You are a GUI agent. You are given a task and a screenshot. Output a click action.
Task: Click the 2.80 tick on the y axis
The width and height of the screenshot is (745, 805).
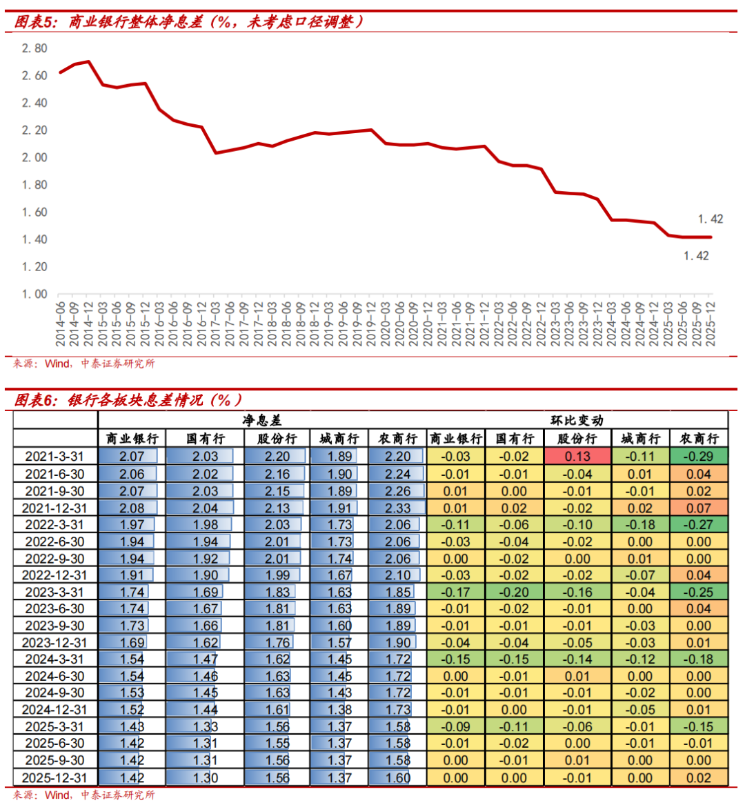(34, 48)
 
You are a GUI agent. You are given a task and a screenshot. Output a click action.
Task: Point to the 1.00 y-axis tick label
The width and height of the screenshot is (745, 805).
(34, 294)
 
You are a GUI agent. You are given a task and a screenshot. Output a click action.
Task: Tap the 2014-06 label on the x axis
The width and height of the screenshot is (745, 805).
(61, 324)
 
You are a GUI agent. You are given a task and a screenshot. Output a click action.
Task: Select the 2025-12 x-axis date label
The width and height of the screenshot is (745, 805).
(711, 324)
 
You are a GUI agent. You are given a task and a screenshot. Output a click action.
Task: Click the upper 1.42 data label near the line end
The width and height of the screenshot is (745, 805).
(710, 219)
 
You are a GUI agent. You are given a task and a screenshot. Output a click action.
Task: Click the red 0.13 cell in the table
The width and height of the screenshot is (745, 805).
(577, 457)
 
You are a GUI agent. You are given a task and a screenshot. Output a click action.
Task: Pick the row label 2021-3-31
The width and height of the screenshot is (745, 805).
(54, 457)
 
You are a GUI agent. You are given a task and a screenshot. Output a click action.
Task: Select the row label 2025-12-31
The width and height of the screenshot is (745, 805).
(54, 777)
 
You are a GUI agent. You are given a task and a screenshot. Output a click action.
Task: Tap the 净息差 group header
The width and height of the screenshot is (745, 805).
(262, 420)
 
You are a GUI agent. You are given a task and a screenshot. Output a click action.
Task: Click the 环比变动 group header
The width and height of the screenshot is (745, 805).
(577, 420)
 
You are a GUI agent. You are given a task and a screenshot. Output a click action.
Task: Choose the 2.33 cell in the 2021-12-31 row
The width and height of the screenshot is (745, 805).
(398, 508)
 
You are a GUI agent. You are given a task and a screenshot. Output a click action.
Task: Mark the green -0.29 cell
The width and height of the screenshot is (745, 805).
(699, 457)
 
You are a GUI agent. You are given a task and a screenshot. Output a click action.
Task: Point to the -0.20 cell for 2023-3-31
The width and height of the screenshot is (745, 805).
(514, 593)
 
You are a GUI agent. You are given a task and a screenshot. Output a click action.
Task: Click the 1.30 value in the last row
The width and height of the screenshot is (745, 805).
(206, 777)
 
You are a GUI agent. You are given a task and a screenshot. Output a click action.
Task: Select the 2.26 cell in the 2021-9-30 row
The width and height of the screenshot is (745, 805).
(398, 491)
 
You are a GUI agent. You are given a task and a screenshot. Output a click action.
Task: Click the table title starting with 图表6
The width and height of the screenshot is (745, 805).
(128, 400)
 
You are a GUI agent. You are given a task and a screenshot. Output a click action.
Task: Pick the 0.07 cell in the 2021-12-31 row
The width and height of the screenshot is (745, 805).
(699, 508)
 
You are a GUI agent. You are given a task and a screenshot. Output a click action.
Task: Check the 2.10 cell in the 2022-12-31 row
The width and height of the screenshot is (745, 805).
(398, 575)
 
